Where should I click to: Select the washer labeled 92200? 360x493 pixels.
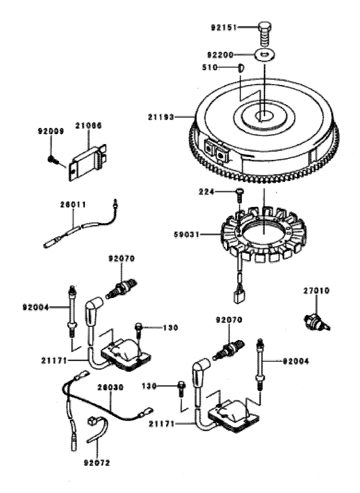click(x=265, y=55)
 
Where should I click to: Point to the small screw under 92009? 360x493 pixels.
click(x=52, y=158)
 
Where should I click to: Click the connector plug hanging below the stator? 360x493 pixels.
click(x=240, y=295)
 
